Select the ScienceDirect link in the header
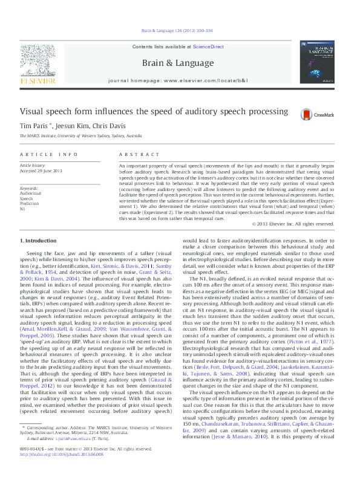point(209,47)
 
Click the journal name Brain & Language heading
point(177,63)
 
